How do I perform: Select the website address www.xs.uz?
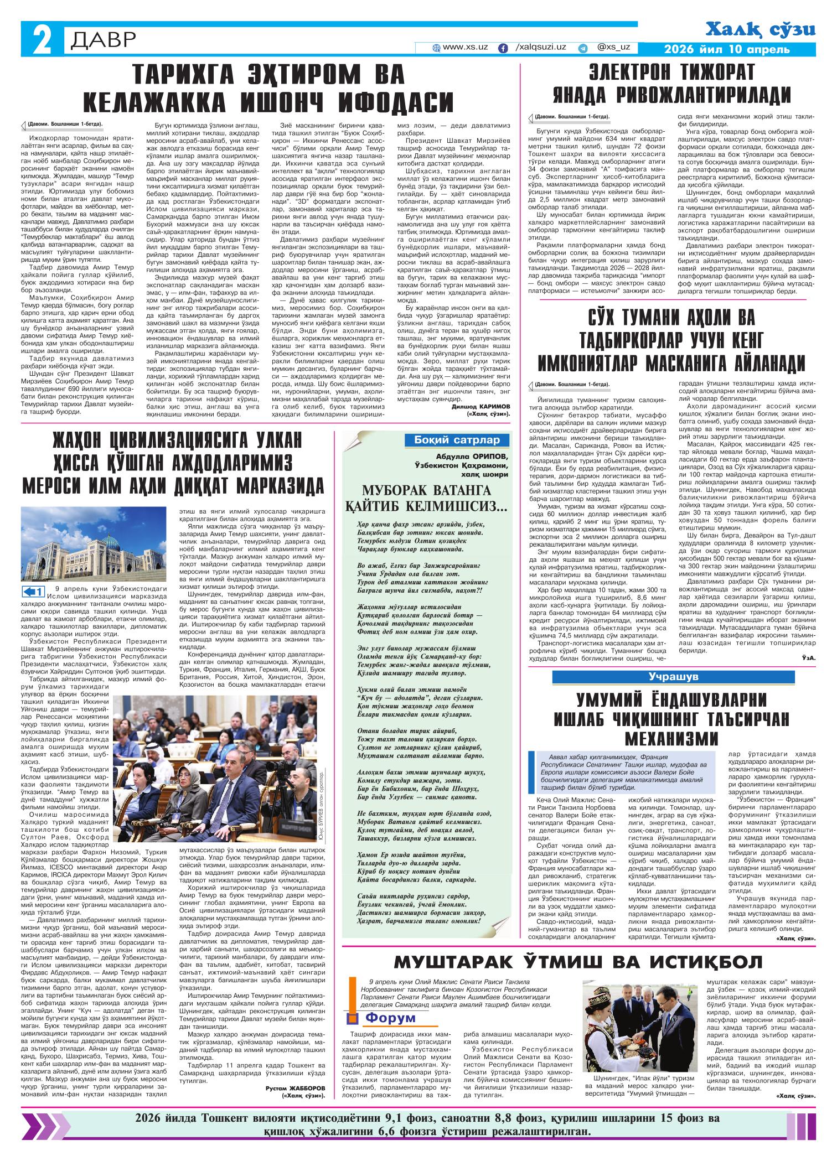click(465, 48)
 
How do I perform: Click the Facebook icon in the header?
click(503, 48)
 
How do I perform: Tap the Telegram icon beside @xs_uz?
click(583, 48)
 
